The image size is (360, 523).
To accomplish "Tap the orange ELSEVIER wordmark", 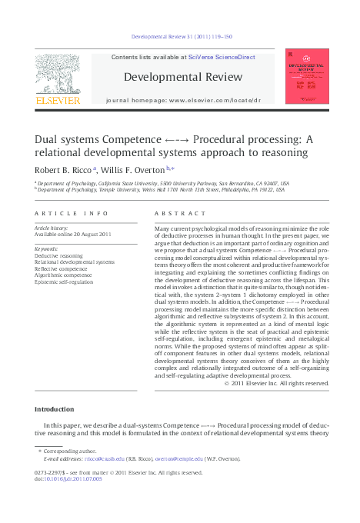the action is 57,100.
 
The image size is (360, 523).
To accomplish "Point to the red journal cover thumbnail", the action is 307,76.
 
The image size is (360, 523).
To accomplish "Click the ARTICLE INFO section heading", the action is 65,213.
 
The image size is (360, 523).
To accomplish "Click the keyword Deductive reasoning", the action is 59,255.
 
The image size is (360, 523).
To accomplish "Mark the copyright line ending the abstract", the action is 275,382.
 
